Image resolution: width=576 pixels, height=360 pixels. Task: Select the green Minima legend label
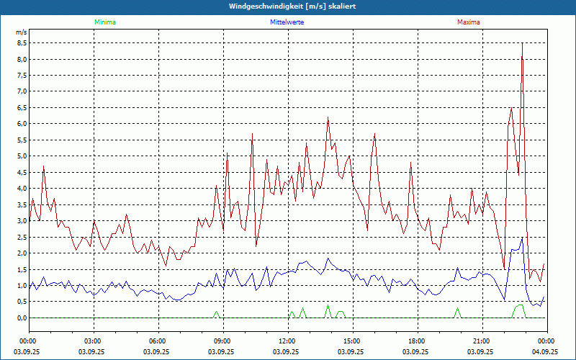click(105, 22)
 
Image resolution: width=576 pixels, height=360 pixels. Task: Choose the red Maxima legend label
click(469, 22)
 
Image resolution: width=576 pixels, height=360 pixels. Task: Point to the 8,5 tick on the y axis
click(22, 42)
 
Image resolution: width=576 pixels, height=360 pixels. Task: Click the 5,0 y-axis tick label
click(22, 156)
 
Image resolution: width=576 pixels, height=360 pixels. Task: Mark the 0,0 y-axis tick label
click(22, 318)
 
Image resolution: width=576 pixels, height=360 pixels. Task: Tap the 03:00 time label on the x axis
click(93, 341)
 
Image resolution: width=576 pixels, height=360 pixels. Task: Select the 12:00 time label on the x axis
click(287, 341)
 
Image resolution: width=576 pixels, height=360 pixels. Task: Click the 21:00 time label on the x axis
click(482, 341)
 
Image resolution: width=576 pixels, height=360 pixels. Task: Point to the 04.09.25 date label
click(546, 352)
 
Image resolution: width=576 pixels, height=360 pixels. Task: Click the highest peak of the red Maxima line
click(522, 44)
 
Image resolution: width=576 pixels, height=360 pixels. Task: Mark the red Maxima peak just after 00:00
click(43, 167)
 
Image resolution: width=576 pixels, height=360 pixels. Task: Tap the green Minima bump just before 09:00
click(215, 312)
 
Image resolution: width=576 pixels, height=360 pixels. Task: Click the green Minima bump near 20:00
click(457, 310)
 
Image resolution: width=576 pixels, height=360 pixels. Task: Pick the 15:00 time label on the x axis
click(352, 341)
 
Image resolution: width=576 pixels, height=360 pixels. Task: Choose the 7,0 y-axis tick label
click(22, 91)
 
